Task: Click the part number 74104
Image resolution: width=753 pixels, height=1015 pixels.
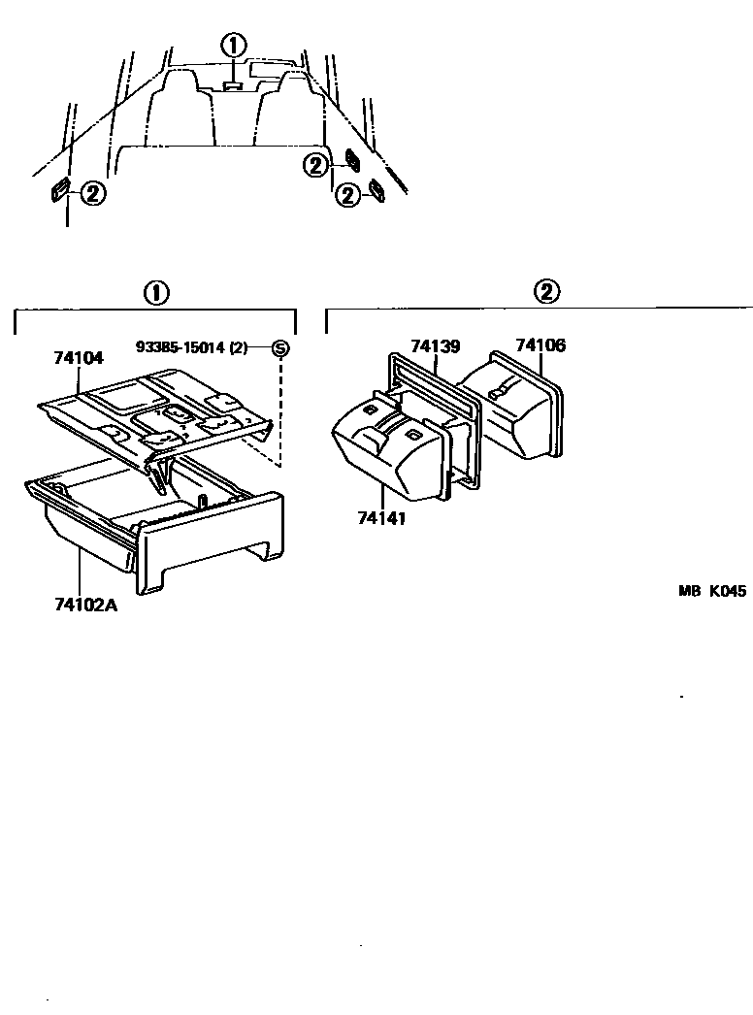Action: click(78, 358)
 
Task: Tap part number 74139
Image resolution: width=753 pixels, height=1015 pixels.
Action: click(435, 346)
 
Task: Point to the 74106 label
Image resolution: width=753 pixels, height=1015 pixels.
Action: click(540, 345)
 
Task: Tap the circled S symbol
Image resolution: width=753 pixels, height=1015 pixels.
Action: click(279, 347)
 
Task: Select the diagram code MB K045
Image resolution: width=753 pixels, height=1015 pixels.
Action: click(711, 590)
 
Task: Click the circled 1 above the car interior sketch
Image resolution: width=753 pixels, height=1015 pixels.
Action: click(233, 45)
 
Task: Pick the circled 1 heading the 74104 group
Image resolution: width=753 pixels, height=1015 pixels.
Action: click(155, 292)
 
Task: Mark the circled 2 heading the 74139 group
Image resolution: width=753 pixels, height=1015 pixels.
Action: click(547, 292)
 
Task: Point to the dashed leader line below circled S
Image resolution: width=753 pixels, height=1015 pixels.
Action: click(280, 408)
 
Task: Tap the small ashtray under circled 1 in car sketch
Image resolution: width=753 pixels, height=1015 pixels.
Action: click(233, 86)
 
